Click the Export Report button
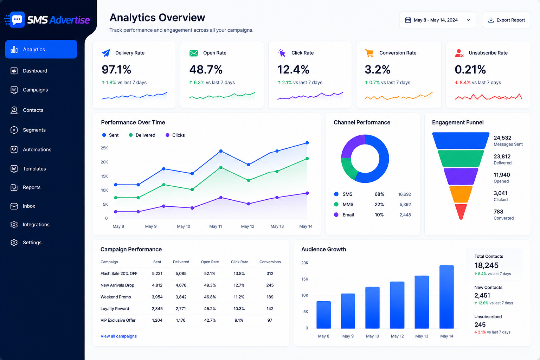click(x=506, y=20)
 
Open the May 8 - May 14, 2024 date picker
click(x=438, y=20)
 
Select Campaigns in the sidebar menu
click(x=35, y=90)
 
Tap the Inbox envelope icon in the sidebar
click(x=14, y=206)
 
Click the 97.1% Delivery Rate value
click(x=116, y=70)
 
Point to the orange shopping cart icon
click(x=369, y=53)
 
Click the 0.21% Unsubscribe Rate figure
click(x=470, y=70)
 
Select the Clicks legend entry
click(x=175, y=135)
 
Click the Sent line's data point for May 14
click(x=307, y=143)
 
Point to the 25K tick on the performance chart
click(x=104, y=148)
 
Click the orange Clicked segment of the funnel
click(x=461, y=194)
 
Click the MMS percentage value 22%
click(x=379, y=205)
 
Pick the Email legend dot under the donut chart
click(x=336, y=214)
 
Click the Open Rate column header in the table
click(x=210, y=262)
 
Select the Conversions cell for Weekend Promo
click(x=270, y=297)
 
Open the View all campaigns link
click(x=118, y=336)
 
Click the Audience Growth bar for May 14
click(x=446, y=297)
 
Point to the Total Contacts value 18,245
click(x=486, y=265)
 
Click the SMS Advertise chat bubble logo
click(x=17, y=20)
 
